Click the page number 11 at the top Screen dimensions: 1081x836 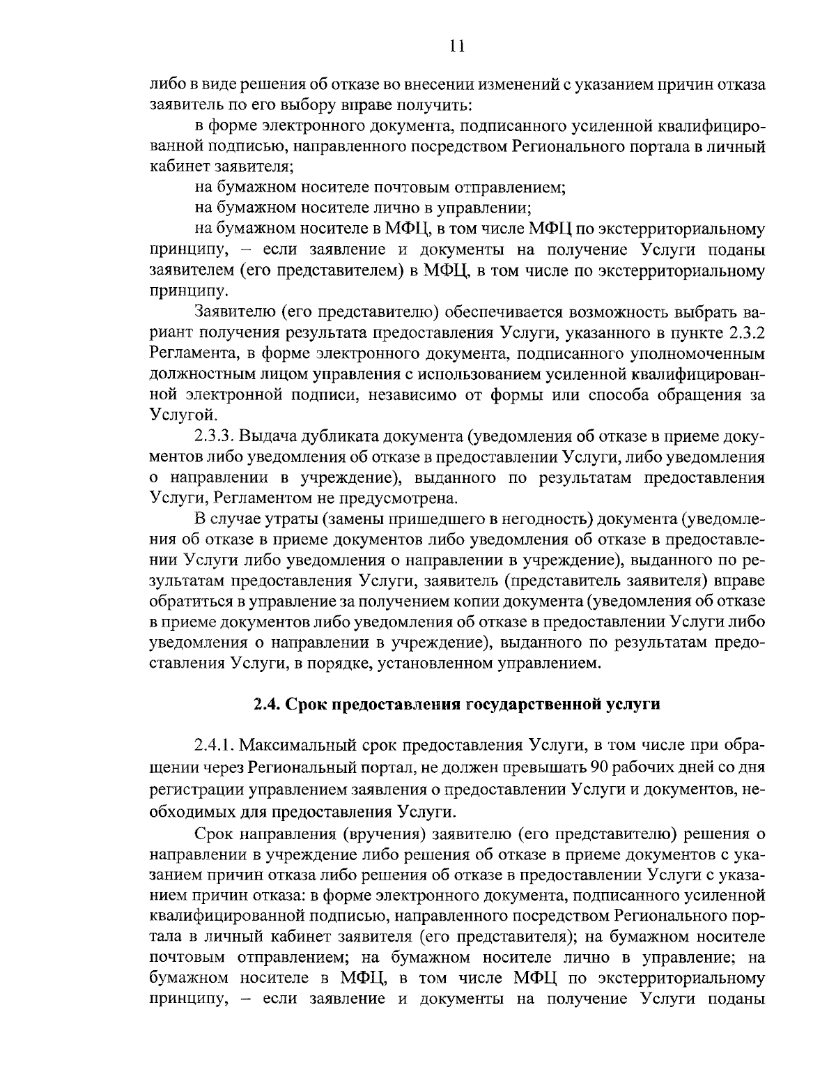[456, 46]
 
